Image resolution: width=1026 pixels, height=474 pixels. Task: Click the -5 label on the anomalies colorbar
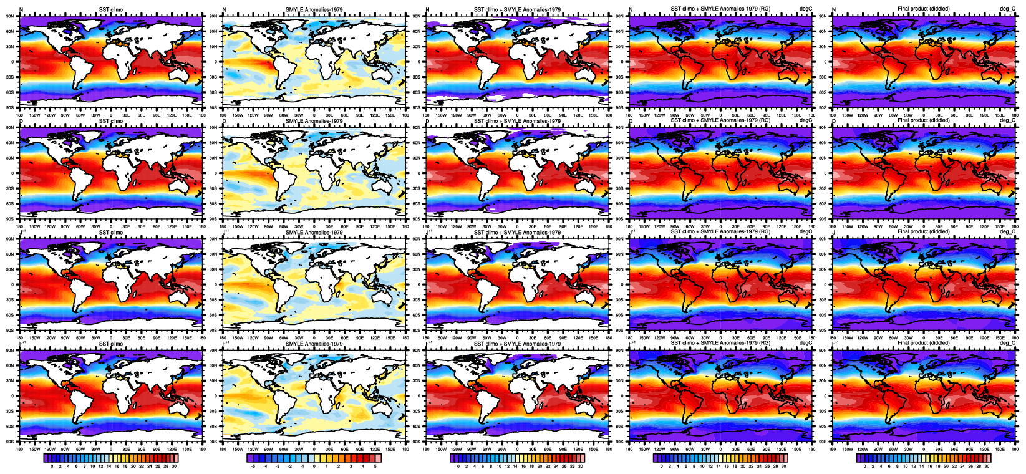pyautogui.click(x=252, y=466)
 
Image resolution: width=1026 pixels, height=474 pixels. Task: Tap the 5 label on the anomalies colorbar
pyautogui.click(x=375, y=466)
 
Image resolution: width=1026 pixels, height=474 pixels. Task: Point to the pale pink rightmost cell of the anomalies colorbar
pyautogui.click(x=377, y=458)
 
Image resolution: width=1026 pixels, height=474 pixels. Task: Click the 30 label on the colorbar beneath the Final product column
pyautogui.click(x=987, y=466)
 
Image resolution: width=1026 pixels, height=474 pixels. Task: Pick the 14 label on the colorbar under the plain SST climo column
pyautogui.click(x=109, y=466)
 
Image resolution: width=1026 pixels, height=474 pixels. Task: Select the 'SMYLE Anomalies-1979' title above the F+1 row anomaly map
pyautogui.click(x=314, y=344)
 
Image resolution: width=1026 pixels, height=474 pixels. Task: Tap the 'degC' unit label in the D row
pyautogui.click(x=806, y=120)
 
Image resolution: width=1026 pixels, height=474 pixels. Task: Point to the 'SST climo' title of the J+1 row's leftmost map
pyautogui.click(x=111, y=232)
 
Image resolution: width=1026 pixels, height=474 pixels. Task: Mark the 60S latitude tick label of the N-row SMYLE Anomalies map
pyautogui.click(x=214, y=92)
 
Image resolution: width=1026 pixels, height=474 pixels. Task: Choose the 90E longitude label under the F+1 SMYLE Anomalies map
pyautogui.click(x=360, y=448)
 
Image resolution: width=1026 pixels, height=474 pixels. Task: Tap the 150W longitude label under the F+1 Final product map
pyautogui.click(x=847, y=448)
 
